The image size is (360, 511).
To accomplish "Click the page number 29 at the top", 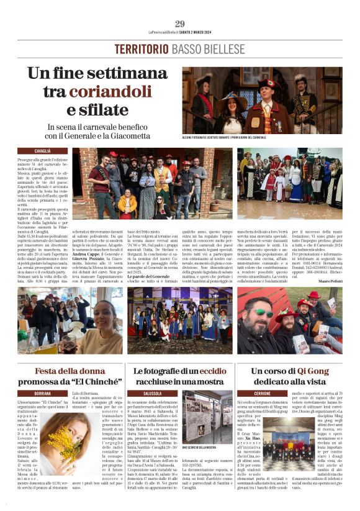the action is pyautogui.click(x=180, y=24).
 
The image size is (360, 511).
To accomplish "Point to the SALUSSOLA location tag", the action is pyautogui.click(x=152, y=394).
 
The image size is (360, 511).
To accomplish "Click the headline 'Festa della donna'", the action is pyautogui.click(x=65, y=371).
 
